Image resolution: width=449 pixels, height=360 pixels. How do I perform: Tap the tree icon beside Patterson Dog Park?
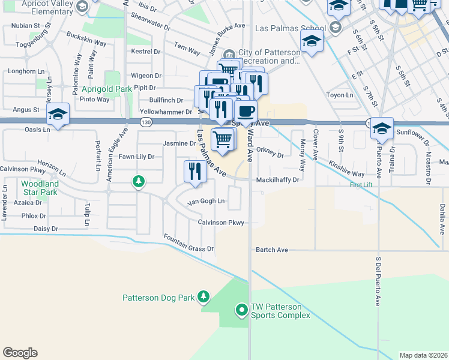tap(204, 296)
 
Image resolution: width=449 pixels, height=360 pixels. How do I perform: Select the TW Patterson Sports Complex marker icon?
tap(241, 310)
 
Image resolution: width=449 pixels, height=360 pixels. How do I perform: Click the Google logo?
tap(20, 353)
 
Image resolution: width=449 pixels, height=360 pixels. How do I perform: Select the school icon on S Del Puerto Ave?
tap(382, 128)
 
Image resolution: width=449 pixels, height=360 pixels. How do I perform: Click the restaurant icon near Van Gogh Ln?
tap(195, 171)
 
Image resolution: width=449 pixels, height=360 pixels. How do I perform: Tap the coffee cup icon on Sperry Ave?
tap(245, 111)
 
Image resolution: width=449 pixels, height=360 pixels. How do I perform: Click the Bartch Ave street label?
tap(272, 250)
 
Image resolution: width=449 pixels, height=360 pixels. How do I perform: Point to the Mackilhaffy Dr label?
tap(277, 179)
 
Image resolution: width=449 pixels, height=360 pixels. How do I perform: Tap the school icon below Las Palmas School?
tap(312, 41)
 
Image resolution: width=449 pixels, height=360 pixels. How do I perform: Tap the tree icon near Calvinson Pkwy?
tap(139, 181)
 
